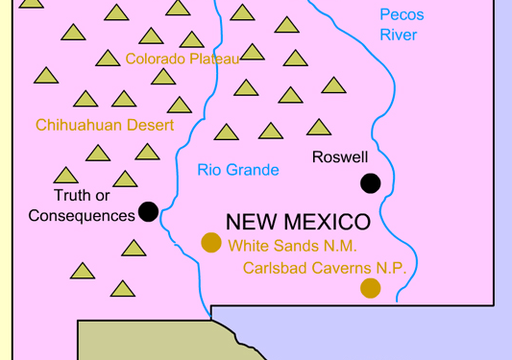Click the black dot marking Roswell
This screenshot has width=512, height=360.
370,183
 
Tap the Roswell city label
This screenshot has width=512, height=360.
340,156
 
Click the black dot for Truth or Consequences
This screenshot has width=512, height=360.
148,211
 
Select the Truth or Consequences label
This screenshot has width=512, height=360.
82,205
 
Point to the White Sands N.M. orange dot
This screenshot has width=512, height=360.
211,243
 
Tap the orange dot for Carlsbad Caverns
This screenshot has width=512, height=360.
370,288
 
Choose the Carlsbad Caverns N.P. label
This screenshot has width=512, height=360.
325,268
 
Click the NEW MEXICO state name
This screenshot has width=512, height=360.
298,222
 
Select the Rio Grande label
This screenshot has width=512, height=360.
238,170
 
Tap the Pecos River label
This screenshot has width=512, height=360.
401,25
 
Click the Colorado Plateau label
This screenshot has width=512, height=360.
182,59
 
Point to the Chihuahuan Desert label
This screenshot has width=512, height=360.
105,125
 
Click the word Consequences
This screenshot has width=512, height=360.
82,216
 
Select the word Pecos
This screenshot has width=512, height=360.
402,14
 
